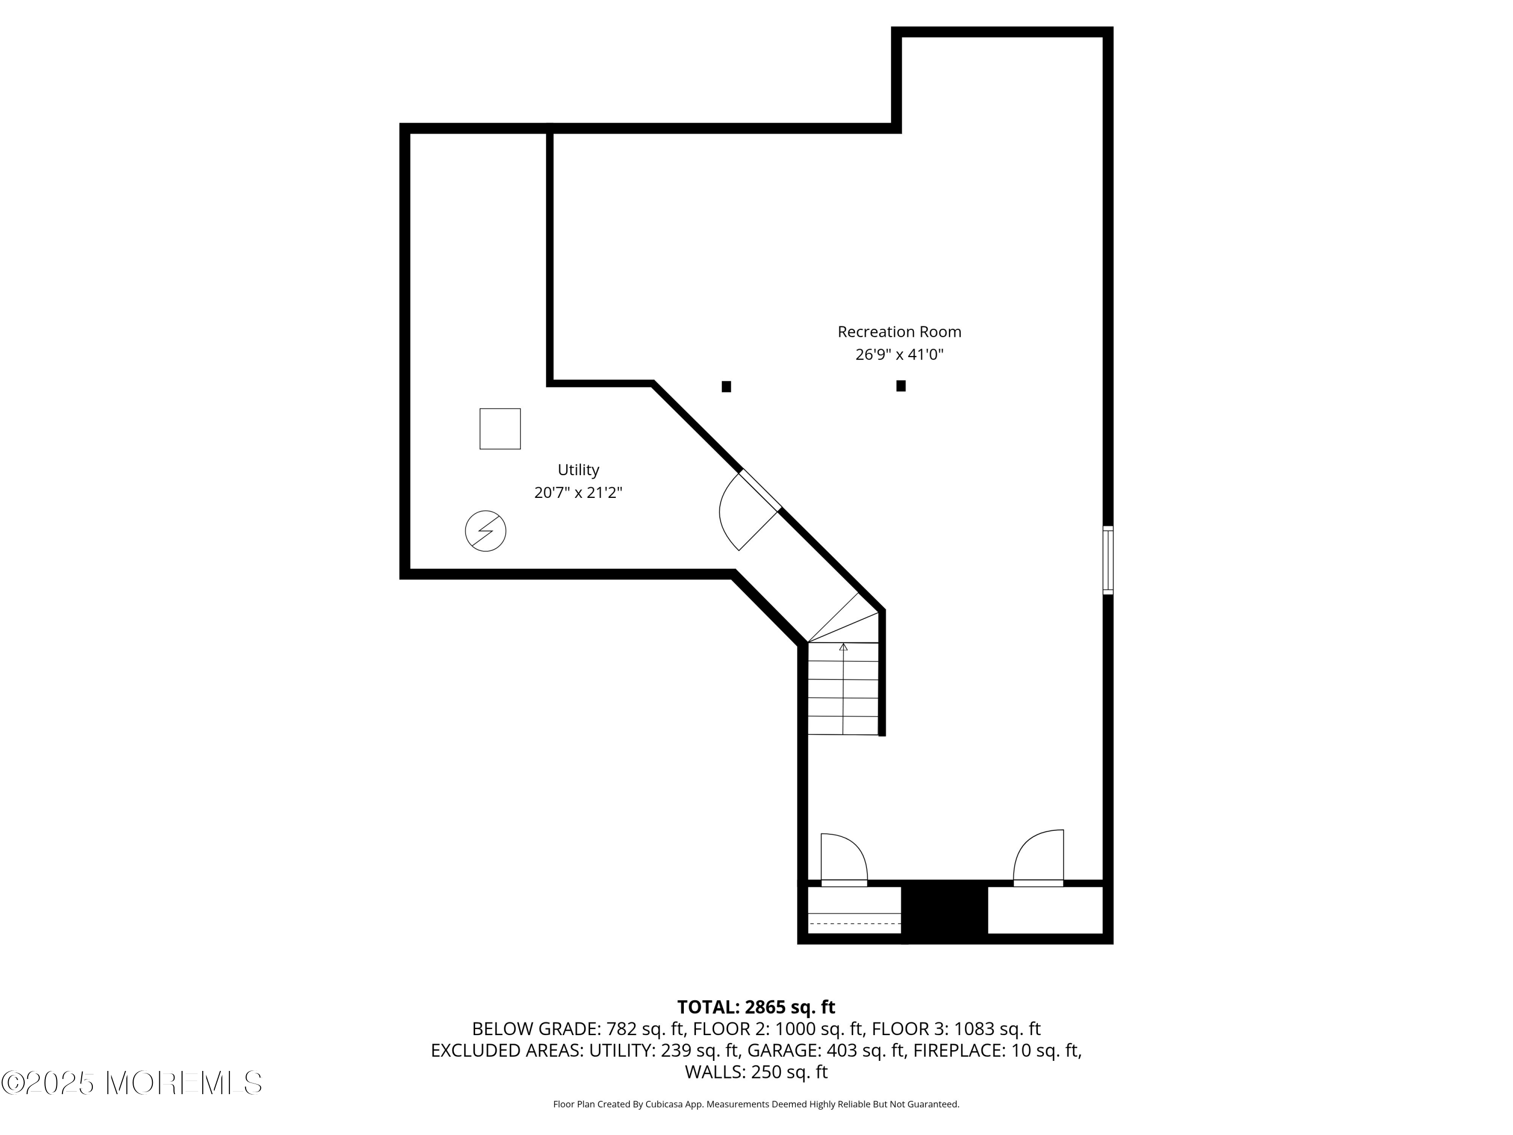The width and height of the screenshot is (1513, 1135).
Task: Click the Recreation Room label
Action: click(899, 332)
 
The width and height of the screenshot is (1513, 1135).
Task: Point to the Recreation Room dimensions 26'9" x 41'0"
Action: click(899, 355)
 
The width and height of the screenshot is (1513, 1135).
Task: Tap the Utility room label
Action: click(578, 470)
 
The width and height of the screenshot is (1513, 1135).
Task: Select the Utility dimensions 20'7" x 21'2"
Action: click(578, 492)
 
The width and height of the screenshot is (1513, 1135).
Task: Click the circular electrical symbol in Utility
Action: click(486, 531)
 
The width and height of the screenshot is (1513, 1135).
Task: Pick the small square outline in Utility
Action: click(500, 429)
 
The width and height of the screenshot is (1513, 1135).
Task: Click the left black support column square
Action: click(726, 386)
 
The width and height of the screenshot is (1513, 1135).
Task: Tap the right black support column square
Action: click(901, 386)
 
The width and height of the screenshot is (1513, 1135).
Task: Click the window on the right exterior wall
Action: click(1108, 559)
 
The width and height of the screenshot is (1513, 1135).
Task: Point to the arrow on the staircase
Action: click(843, 647)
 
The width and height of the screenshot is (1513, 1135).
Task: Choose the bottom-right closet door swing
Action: click(1038, 857)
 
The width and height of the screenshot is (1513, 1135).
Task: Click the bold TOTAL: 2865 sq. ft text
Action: click(756, 1007)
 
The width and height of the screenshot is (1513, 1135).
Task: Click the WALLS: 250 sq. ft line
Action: click(756, 1072)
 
